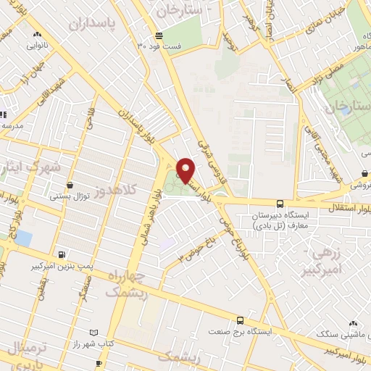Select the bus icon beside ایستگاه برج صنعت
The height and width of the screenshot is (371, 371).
[x=240, y=319]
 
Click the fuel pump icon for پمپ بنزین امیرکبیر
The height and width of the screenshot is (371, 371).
[x=62, y=255]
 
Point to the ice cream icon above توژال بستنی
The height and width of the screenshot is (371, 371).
[x=70, y=185]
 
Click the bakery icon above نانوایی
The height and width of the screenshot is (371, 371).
[x=36, y=33]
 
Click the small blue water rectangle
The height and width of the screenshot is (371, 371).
[x=24, y=238]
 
